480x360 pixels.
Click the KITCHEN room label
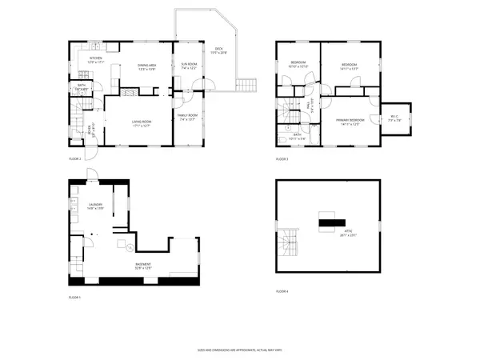(95, 60)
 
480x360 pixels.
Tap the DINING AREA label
(146, 67)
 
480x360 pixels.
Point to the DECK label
(218, 50)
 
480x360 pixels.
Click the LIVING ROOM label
(142, 122)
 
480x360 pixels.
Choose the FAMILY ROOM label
(189, 118)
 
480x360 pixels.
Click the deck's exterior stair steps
(248, 83)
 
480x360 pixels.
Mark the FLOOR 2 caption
(75, 158)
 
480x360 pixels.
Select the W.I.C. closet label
(394, 118)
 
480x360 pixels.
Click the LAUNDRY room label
(95, 206)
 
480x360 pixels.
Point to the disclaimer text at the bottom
(239, 350)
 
